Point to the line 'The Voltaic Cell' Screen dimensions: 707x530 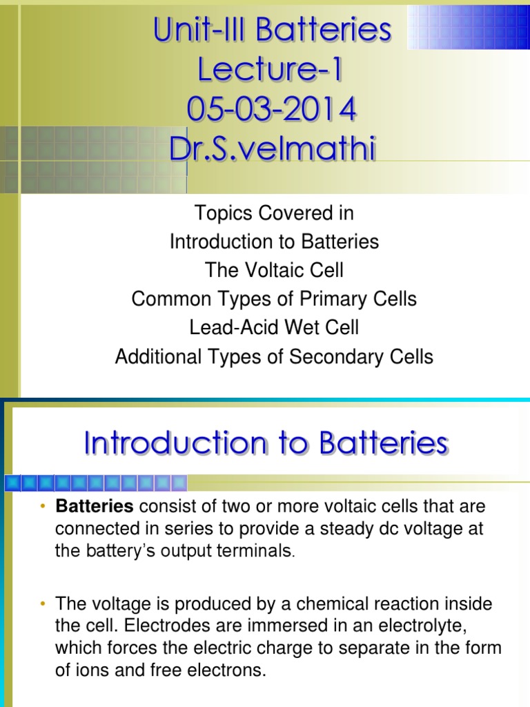(274, 270)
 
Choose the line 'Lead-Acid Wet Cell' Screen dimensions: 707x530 (274, 327)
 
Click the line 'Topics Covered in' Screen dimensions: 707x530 (274, 213)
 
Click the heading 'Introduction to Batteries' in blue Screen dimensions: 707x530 (266, 444)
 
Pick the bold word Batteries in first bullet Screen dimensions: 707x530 (95, 507)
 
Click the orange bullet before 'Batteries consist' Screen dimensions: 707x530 (43, 507)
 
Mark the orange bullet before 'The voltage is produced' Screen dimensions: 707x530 (43, 604)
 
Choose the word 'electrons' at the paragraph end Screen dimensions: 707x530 (233, 670)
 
